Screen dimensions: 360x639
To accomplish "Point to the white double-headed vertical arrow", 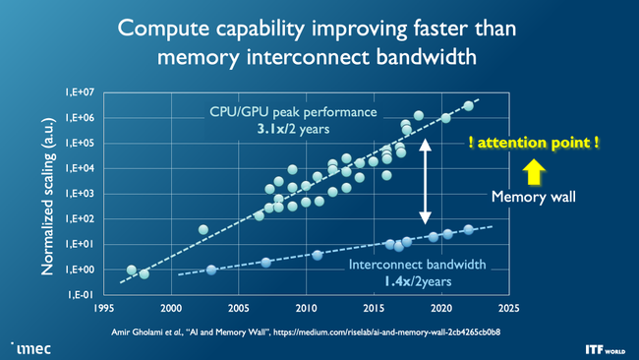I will [426, 181].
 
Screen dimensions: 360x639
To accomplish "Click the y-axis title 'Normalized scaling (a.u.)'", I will [46, 194].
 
